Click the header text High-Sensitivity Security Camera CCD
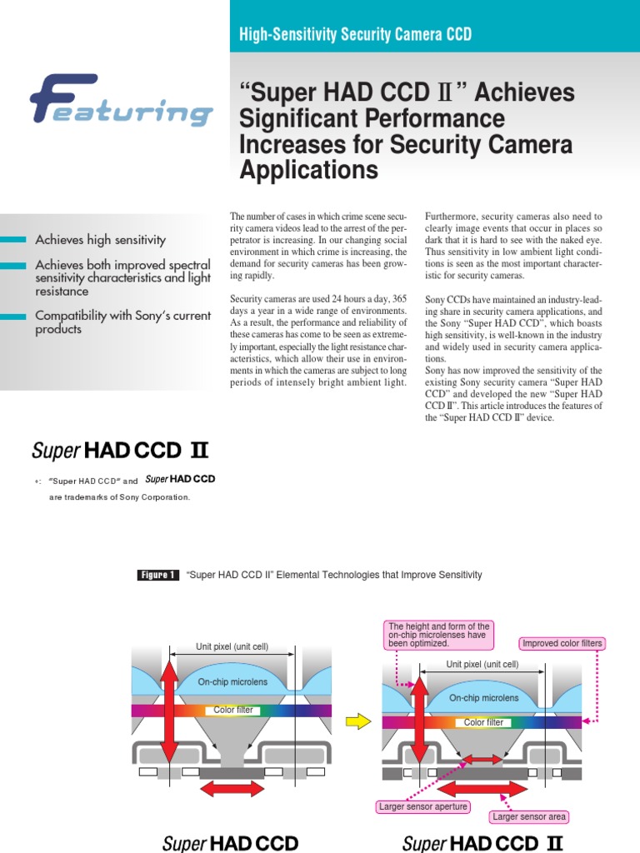coord(355,34)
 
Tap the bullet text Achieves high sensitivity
coord(100,240)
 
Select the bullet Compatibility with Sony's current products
coord(122,322)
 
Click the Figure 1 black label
coord(157,575)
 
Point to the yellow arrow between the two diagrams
coord(357,721)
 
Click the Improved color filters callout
coord(562,644)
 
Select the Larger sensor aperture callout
coord(423,806)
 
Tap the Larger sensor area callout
coord(530,817)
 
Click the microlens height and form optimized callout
coord(439,635)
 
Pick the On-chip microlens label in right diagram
coord(484,698)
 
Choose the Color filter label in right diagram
coord(483,722)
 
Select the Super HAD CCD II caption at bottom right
coord(482,843)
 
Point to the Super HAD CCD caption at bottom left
coord(230,843)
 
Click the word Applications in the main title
coord(308,171)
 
